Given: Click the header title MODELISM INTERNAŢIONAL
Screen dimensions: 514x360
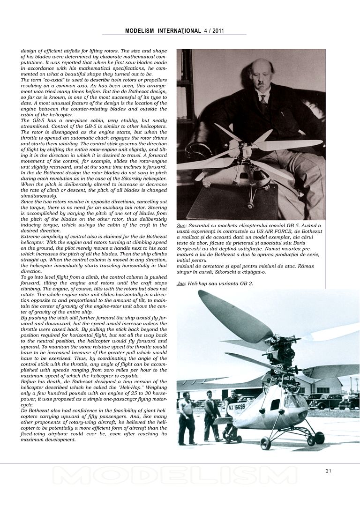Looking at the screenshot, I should (163, 31).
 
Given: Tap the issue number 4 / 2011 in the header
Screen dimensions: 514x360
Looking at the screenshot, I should (214, 31).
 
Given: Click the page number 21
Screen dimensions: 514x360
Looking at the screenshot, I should (329, 471).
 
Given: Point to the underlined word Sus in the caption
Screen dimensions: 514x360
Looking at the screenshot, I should (181, 226).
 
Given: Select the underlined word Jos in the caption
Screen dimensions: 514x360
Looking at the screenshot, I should (180, 284).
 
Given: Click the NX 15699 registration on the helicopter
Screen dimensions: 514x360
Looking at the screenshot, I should (237, 407).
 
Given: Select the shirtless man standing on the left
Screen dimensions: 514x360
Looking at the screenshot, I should (187, 417).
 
